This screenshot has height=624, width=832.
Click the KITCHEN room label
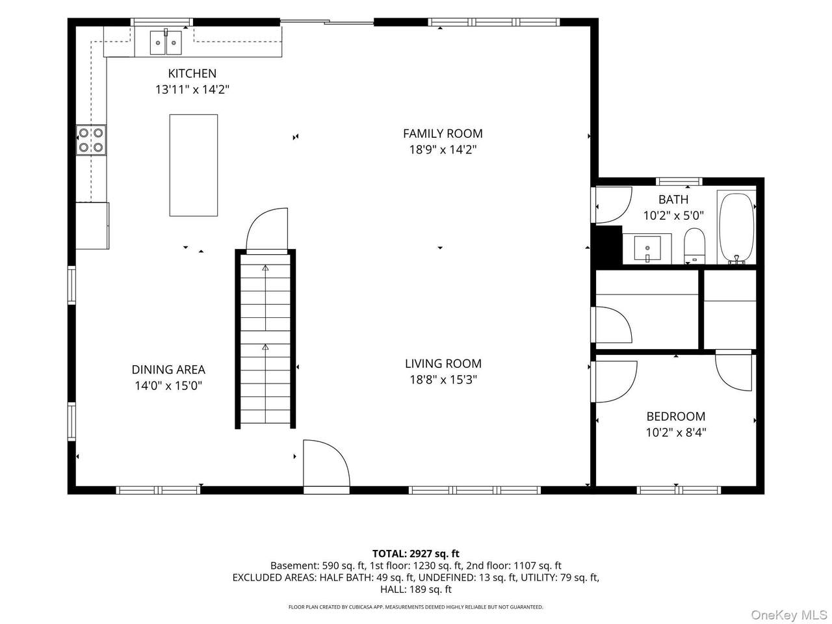(x=192, y=73)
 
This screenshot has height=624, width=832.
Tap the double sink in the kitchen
(x=166, y=42)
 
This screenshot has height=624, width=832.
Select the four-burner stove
(x=91, y=140)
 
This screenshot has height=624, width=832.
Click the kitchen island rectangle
(x=193, y=165)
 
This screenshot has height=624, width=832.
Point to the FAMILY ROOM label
(x=443, y=133)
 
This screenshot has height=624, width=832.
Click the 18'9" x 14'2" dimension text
(x=443, y=149)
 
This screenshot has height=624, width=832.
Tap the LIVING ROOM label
(x=443, y=363)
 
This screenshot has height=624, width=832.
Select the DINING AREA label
(x=168, y=369)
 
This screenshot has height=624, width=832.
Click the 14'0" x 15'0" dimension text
(x=168, y=385)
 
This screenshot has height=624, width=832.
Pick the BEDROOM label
(x=676, y=417)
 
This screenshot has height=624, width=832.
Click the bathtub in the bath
(x=736, y=228)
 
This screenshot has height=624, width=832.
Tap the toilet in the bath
(x=695, y=246)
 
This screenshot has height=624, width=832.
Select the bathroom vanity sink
(x=647, y=248)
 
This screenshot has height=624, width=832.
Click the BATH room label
(x=673, y=200)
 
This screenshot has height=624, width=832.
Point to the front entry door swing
(x=326, y=463)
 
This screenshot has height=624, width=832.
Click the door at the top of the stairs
(x=267, y=230)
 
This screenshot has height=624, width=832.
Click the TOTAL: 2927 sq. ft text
(x=416, y=554)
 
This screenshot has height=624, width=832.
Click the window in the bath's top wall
(x=679, y=181)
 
